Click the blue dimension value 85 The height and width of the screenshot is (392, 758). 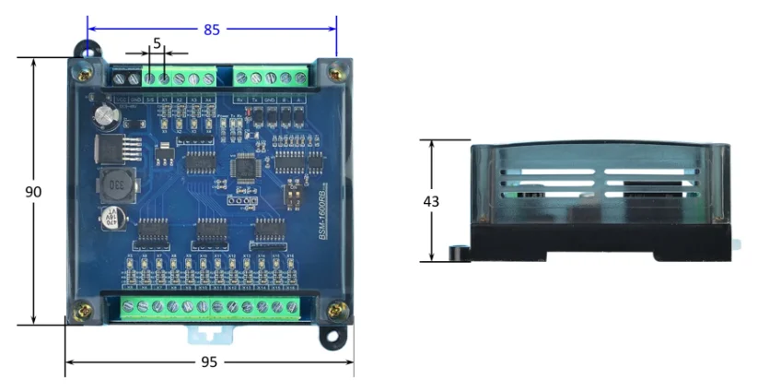click(x=212, y=30)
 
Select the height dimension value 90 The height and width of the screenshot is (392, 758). click(x=33, y=192)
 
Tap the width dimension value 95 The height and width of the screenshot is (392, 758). click(x=209, y=362)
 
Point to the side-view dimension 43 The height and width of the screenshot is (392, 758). click(x=431, y=201)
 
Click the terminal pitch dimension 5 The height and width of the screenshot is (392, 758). click(x=157, y=42)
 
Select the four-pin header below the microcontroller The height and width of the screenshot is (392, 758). click(x=240, y=200)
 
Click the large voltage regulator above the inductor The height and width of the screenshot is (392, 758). click(x=127, y=148)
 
